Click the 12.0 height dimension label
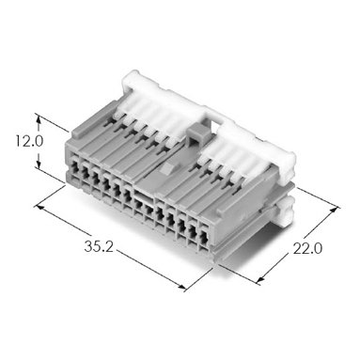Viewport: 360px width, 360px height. pos(29,142)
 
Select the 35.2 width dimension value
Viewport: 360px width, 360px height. pos(99,246)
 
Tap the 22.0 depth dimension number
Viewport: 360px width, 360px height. pos(307,249)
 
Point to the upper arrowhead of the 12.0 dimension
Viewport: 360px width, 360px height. pos(39,119)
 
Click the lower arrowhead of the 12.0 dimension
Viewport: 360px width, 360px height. pos(39,164)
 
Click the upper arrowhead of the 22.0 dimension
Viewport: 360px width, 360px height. pos(335,211)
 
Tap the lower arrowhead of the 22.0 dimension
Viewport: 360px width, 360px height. pos(260,280)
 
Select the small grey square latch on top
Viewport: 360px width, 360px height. pos(196,133)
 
